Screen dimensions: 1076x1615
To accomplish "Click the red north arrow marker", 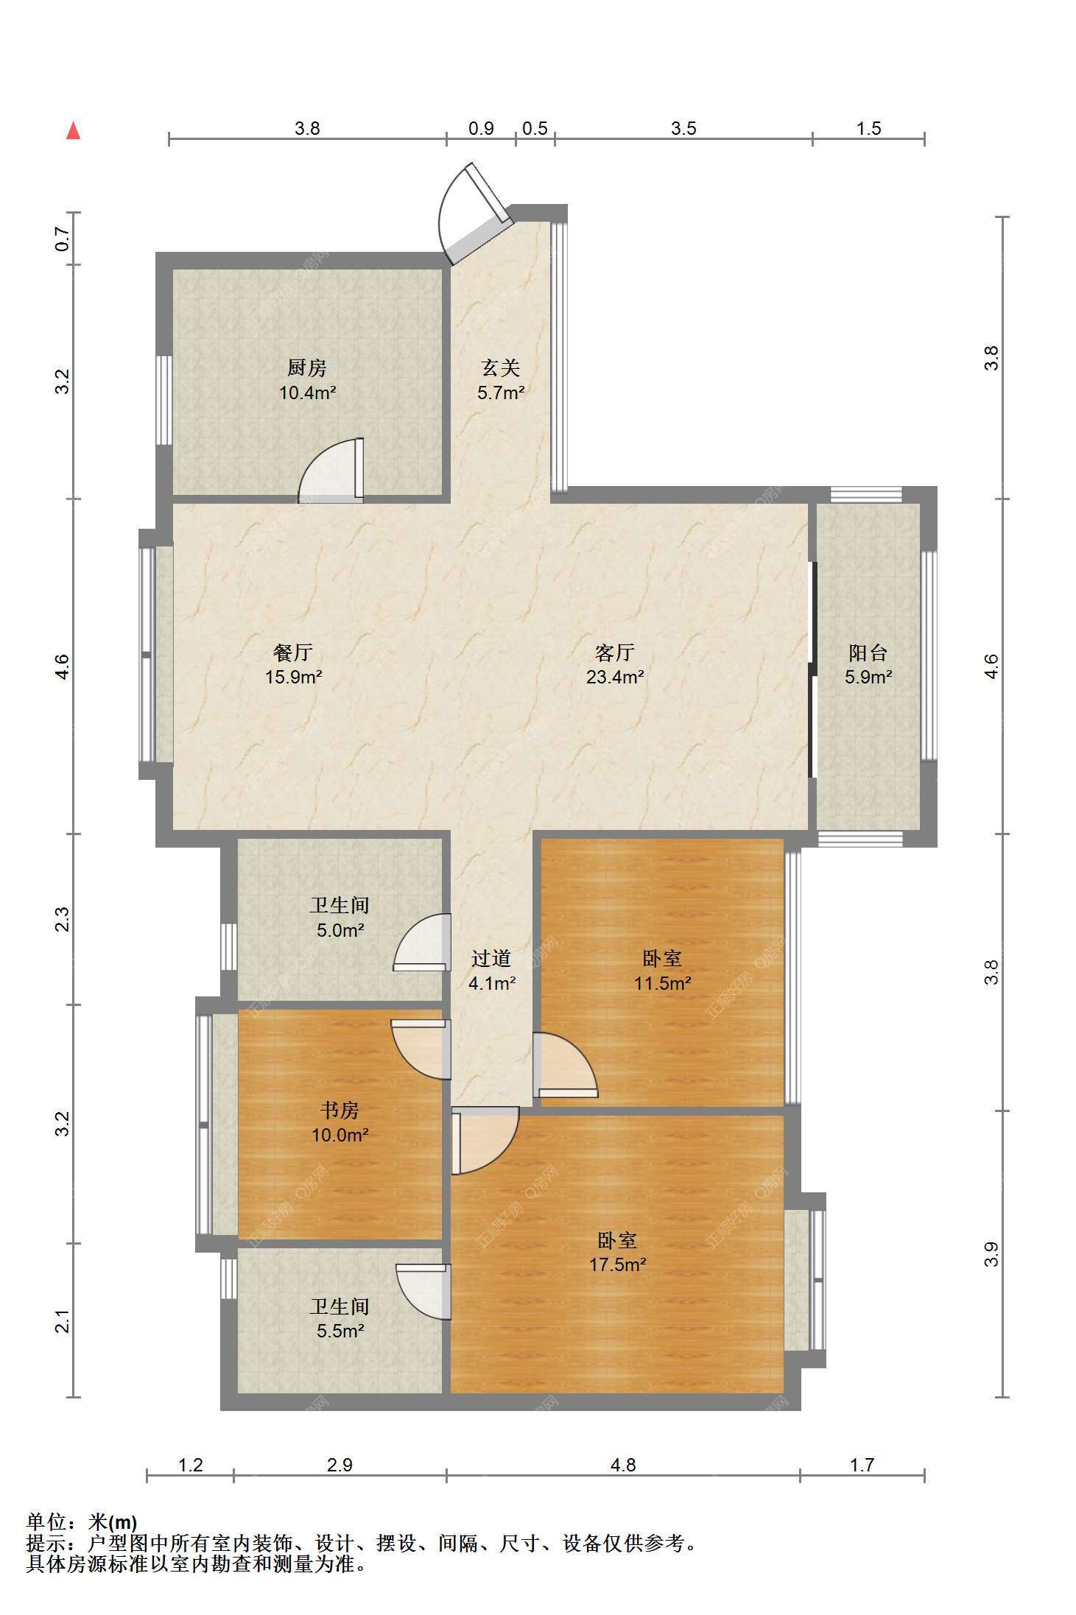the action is (x=73, y=130).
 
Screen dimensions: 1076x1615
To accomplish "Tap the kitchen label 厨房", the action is (x=307, y=367).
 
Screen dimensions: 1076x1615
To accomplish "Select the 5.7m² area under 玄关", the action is (x=501, y=393).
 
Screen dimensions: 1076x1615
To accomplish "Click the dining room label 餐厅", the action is (x=293, y=652).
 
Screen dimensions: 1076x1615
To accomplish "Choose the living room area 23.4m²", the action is (x=615, y=677).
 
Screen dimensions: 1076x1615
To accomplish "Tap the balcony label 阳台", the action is (x=868, y=652).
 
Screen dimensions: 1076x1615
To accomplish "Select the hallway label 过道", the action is (x=491, y=958).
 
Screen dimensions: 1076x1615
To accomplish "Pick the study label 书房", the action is (x=340, y=1110).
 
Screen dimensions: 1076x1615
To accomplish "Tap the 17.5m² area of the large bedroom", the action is (x=617, y=1264).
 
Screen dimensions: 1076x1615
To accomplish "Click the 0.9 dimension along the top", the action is (x=481, y=128).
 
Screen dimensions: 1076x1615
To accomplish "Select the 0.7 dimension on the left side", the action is (x=63, y=239).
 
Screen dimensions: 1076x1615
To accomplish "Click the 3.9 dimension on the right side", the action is (x=991, y=1253).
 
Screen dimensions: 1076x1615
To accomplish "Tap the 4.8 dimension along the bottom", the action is (x=623, y=1465).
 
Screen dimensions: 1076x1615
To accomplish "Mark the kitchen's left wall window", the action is (x=164, y=400).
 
